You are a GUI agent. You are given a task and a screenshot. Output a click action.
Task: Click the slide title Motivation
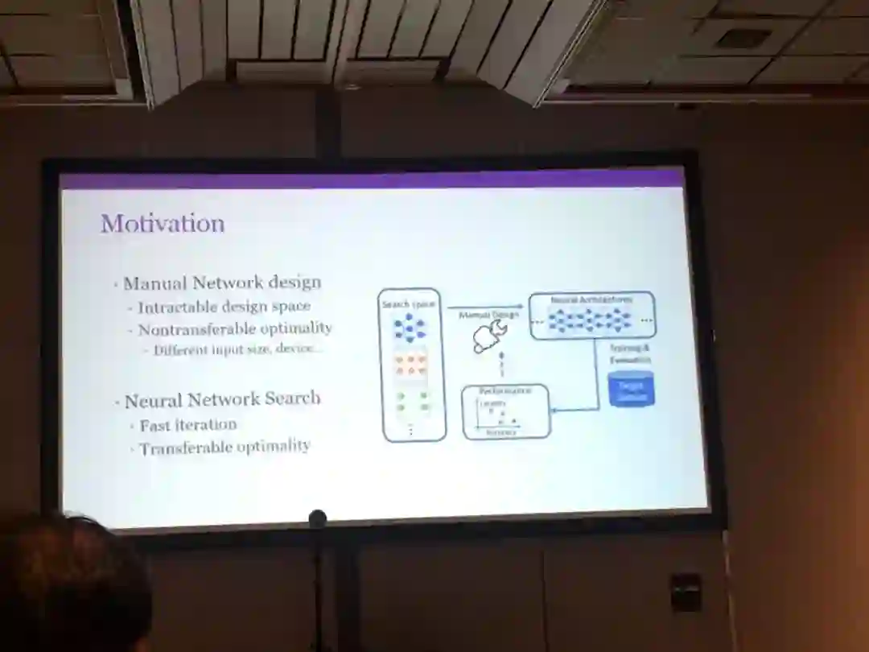163,223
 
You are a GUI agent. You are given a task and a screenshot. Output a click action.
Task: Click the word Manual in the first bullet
155,283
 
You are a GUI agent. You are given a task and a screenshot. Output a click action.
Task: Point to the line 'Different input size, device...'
238,349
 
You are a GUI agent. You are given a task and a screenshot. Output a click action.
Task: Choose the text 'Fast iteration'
188,425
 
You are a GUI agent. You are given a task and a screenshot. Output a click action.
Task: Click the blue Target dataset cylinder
632,390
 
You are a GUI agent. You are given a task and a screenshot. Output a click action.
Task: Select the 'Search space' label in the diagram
408,304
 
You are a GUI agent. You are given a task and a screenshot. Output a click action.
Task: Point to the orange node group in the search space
410,365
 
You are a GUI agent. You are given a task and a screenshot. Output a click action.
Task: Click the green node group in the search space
411,402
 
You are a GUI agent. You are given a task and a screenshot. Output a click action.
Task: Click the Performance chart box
506,411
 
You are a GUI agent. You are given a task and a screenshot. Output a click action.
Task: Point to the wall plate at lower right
685,592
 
